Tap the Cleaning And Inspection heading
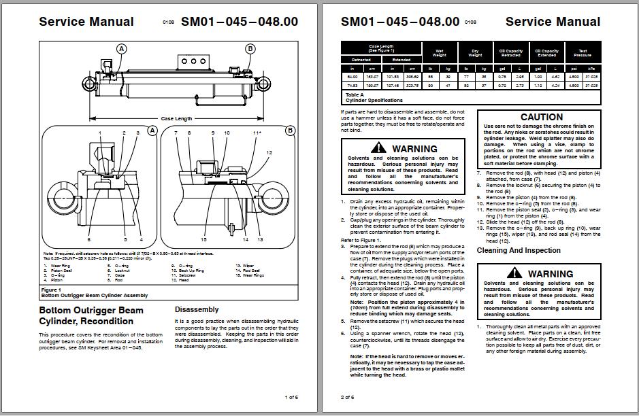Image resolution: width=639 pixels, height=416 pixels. (x=519, y=250)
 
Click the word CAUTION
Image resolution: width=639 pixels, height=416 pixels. (x=541, y=117)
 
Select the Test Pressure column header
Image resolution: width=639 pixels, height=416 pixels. (x=583, y=52)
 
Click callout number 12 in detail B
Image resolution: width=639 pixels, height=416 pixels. (x=269, y=154)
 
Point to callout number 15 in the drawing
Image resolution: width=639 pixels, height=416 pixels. (x=203, y=239)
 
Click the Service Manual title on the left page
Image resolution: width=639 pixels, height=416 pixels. (x=86, y=21)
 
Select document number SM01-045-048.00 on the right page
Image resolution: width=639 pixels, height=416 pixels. (x=400, y=21)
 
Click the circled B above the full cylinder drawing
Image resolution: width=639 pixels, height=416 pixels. (x=250, y=48)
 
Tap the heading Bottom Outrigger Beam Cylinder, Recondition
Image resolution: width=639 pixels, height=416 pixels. (x=91, y=315)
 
